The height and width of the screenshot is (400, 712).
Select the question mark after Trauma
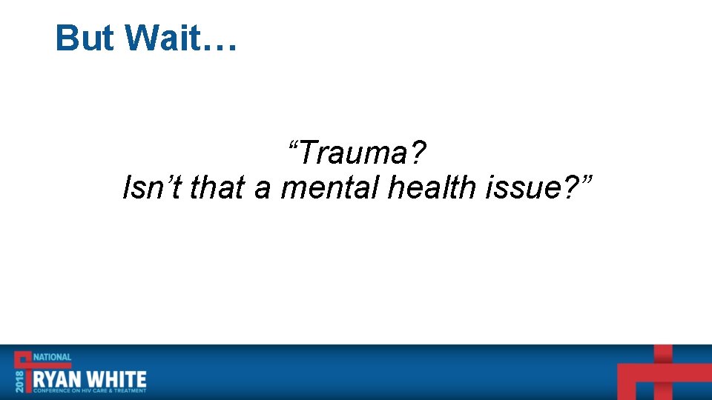click(418, 153)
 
